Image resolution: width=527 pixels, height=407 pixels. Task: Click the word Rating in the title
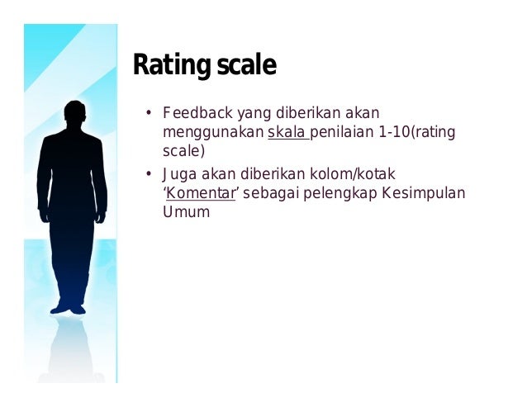[168, 66]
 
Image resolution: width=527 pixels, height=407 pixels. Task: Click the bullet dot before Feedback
[149, 113]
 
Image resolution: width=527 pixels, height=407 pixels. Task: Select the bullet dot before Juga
[149, 174]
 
